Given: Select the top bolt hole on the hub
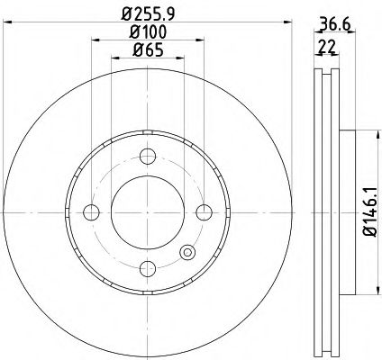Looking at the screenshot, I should (x=147, y=155).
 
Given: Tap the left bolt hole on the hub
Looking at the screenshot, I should (x=90, y=212).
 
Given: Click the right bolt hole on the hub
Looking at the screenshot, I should (x=205, y=212).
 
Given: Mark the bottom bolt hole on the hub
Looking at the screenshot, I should (x=147, y=269).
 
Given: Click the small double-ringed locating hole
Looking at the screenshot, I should (x=187, y=253).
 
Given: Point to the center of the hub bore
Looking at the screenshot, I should (x=147, y=212).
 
